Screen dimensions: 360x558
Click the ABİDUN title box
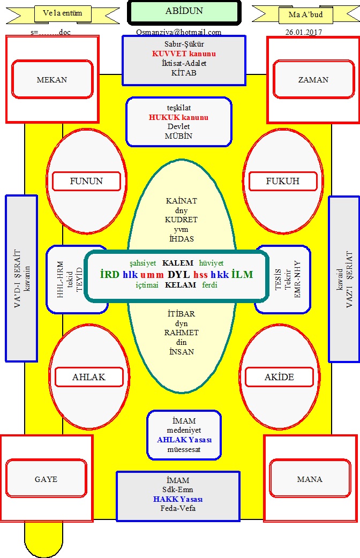184,12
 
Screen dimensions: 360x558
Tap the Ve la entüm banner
63,14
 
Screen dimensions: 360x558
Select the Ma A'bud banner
306,15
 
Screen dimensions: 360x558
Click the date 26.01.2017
304,32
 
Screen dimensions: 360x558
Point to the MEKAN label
52,80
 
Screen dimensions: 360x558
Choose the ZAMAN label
313,80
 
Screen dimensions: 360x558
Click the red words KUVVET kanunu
184,54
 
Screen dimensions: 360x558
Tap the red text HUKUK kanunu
178,117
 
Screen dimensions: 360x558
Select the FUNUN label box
87,181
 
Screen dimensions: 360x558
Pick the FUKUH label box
283,181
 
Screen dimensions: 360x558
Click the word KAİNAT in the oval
181,201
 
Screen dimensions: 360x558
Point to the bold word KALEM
178,263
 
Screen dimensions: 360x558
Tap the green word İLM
242,274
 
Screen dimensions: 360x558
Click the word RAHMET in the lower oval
181,333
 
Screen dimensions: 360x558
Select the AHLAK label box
89,377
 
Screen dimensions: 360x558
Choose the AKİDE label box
279,377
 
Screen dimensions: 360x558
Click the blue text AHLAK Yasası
184,440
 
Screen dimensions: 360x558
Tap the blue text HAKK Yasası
178,499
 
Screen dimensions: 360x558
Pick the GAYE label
46,479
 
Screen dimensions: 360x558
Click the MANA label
310,479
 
